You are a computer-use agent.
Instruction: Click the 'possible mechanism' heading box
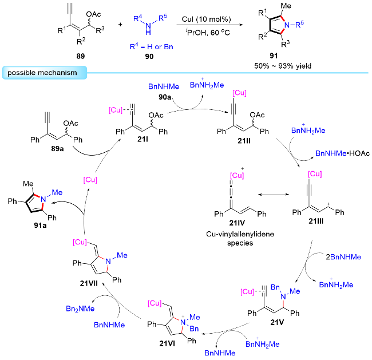tap(45, 73)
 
